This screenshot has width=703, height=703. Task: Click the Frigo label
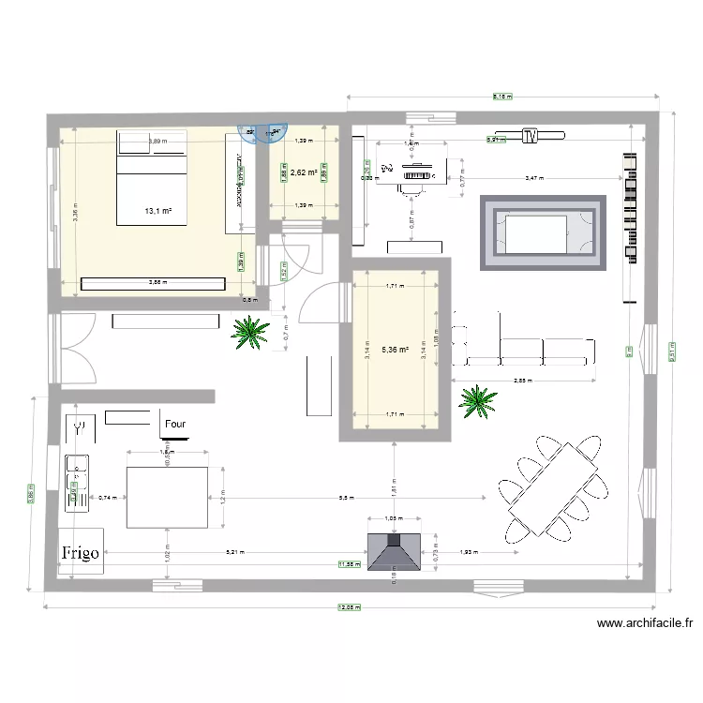pos(82,552)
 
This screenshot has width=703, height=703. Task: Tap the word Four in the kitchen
pos(175,425)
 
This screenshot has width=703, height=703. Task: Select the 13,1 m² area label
pos(157,211)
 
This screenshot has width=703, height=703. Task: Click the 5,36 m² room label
pos(395,350)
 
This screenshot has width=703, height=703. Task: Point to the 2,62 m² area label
pos(303,172)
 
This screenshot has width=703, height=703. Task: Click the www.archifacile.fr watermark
pos(646,622)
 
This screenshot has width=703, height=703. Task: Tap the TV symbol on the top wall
pos(531,137)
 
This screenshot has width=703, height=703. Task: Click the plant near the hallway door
pos(249,332)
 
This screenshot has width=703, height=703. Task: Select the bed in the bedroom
pos(153,178)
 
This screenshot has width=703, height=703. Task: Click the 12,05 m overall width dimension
pos(354,606)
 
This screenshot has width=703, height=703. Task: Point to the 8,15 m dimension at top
pos(502,96)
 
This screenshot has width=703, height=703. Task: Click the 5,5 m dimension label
pos(346,498)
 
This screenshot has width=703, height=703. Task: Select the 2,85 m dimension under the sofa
pos(524,381)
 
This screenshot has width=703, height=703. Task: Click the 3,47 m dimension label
pos(533,177)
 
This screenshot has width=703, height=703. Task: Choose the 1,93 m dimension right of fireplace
pos(469,552)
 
